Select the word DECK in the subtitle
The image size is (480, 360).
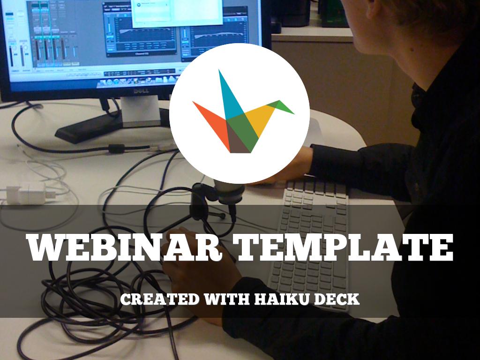click(336, 299)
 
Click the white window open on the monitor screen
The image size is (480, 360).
click(177, 12)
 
